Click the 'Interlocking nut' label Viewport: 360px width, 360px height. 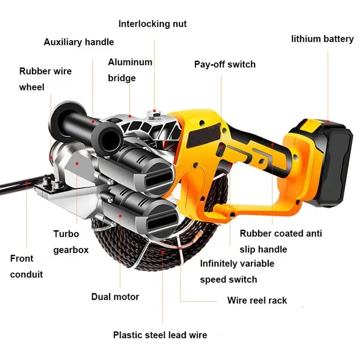153,23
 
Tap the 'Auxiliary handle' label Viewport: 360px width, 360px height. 79,42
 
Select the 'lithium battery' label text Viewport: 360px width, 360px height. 322,39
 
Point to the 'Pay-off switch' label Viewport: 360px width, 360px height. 225,64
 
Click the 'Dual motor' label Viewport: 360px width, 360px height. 115,297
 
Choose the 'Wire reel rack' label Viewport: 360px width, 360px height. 257,300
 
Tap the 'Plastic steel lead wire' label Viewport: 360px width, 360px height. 160,335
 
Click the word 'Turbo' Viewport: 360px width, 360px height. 66,234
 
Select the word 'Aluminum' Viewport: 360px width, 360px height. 130,63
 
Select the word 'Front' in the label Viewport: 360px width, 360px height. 22,259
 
